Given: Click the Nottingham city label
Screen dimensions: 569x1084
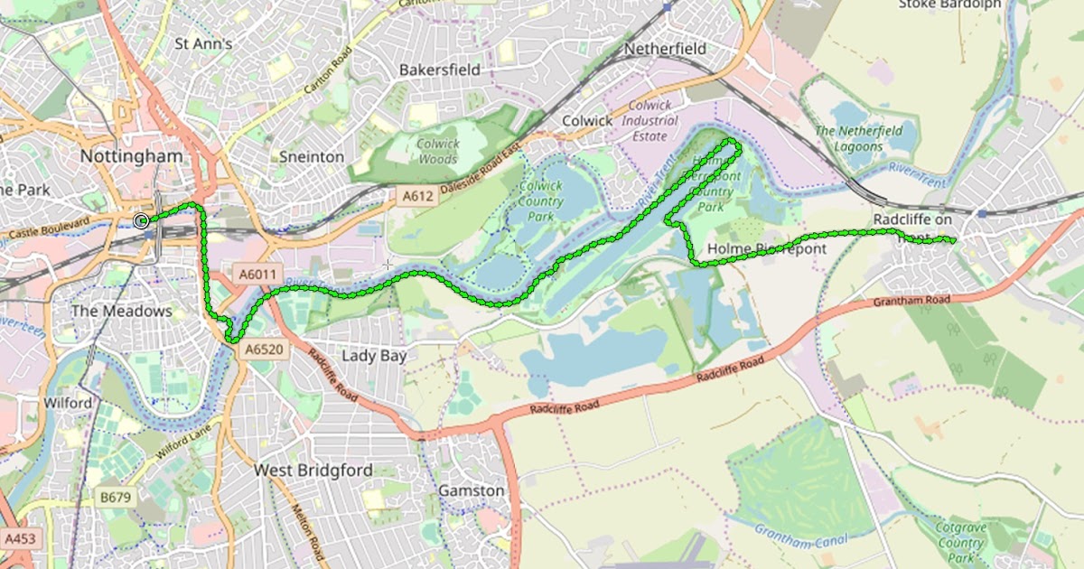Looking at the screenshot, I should point(131,155).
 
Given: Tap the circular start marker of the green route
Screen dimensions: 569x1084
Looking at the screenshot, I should point(141,220).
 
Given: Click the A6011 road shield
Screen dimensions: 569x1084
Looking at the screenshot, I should point(257,273).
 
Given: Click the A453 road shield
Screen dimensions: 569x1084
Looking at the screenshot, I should point(20,538).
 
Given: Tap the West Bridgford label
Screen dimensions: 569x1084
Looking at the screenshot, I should point(313,470).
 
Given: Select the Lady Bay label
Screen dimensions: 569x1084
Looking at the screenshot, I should point(374,355).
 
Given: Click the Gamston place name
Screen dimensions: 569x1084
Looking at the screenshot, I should point(471,490).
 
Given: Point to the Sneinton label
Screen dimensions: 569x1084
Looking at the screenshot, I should point(310,156).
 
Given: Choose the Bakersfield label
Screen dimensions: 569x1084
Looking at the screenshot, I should point(439,70).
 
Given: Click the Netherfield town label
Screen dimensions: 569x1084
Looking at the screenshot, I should point(665,48).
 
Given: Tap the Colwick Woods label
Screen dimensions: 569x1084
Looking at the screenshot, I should point(438,151).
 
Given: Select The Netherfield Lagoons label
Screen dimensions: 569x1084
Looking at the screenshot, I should point(858,138).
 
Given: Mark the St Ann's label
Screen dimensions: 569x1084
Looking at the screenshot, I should point(203,42).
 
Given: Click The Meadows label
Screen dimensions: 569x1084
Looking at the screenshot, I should point(121,311).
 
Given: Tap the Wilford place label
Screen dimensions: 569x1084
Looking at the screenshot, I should point(68,402).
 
